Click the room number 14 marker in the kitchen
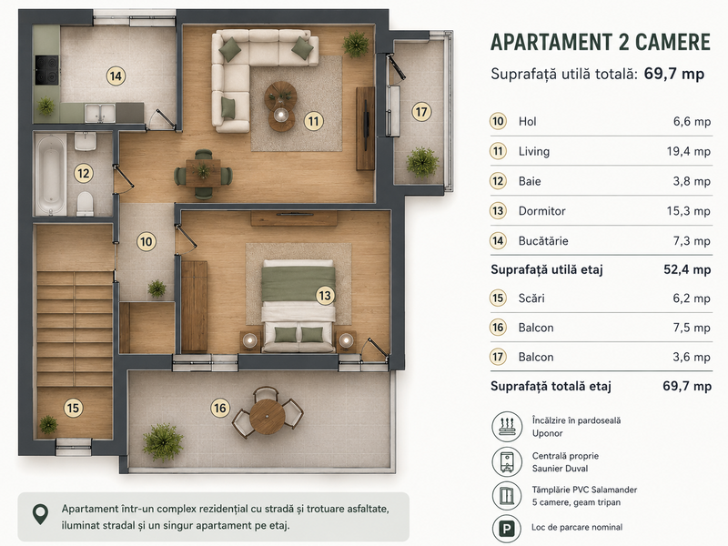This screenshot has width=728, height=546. click(x=116, y=76)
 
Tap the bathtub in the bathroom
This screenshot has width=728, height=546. click(x=50, y=175)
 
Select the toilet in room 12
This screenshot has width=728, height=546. click(x=85, y=203)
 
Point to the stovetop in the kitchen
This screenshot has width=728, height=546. click(x=47, y=70)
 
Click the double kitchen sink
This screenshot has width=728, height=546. click(x=100, y=113)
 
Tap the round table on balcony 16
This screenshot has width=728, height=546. click(x=267, y=416)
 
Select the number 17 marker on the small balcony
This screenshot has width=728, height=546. click(x=421, y=112)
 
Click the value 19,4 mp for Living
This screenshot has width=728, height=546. click(x=689, y=151)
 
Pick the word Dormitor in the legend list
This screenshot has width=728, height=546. click(x=541, y=211)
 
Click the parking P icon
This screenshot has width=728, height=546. click(x=507, y=529)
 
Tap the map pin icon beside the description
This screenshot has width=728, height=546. click(x=41, y=514)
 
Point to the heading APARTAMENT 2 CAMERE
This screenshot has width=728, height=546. click(x=601, y=42)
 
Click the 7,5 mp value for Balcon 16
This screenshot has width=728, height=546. click(x=692, y=328)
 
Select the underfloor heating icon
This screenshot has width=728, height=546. click(x=507, y=426)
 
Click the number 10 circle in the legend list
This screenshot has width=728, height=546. click(x=498, y=122)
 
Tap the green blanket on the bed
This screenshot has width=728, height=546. click(x=298, y=284)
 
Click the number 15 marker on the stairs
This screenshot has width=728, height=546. click(x=73, y=408)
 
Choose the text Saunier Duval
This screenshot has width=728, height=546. click(x=560, y=469)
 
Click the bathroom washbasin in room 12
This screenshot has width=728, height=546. click(x=86, y=141)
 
